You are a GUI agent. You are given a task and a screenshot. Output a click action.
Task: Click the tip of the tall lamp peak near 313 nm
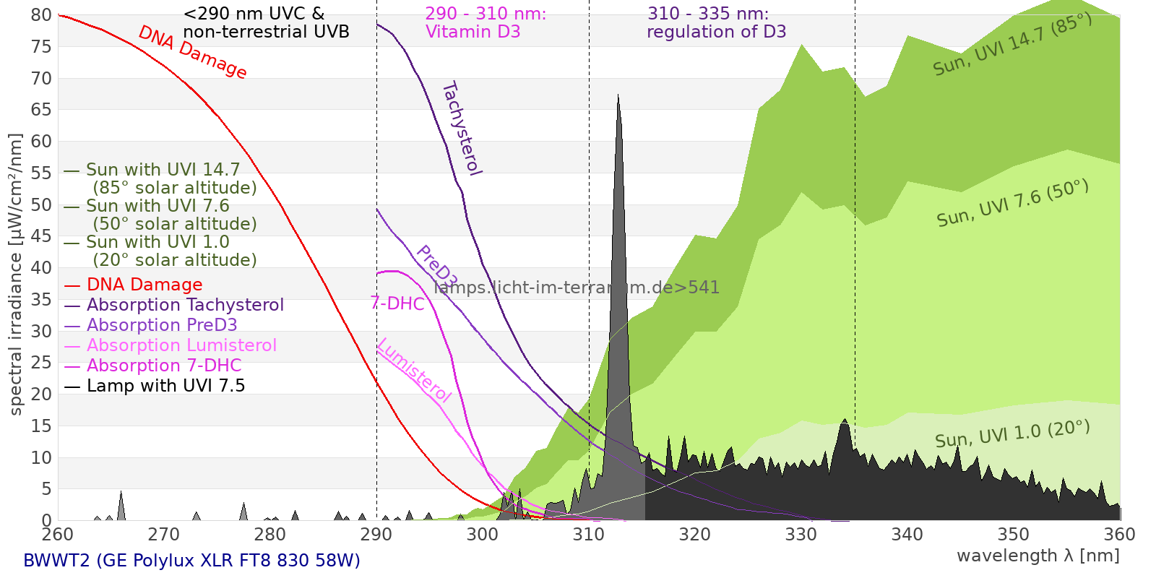pos(618,95)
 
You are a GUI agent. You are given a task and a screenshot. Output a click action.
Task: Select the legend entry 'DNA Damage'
pos(144,285)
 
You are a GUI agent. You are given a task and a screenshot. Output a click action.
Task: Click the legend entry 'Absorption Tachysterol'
pos(185,305)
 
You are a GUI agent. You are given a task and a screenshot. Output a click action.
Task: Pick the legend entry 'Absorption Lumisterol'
pos(181,345)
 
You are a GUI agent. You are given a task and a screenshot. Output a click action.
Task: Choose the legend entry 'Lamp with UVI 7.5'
pos(165,386)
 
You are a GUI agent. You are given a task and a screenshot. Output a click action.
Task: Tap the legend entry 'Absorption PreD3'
pos(162,325)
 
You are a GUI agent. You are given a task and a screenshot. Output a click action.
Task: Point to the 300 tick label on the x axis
pos(483,535)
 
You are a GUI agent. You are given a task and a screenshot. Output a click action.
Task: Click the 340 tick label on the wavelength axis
pos(907,535)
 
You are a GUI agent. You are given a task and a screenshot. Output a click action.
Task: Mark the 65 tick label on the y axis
pos(42,110)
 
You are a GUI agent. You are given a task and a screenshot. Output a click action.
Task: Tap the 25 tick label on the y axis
pos(42,363)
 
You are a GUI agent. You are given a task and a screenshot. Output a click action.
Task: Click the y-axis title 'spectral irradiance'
pos(16,275)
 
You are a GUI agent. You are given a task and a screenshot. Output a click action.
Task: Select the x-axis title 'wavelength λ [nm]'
pos(1038,556)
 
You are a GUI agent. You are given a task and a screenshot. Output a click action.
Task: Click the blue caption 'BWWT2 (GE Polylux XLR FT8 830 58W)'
pos(191,561)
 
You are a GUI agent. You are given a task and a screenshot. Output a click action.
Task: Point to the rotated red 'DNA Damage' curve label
pos(192,52)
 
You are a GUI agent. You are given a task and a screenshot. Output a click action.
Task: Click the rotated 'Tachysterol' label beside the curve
pos(461,129)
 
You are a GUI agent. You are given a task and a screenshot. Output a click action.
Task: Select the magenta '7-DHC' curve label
pos(397,303)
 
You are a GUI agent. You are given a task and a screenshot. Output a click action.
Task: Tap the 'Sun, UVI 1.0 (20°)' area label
pos(1011,434)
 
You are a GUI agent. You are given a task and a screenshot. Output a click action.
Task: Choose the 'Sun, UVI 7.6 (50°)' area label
pos(1012,204)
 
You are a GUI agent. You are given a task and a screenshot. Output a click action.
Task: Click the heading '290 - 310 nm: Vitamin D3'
pos(486,23)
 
